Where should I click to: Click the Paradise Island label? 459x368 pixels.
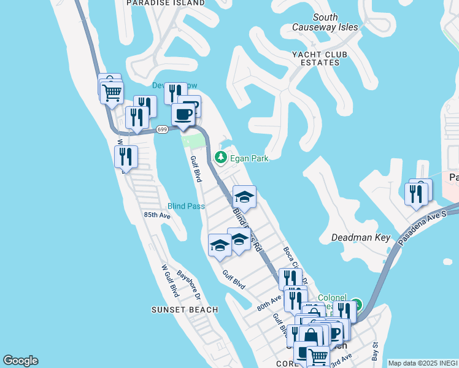tap(165, 3)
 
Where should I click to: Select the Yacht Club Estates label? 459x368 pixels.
tap(319, 58)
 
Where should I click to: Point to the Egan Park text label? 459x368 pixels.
tap(249, 158)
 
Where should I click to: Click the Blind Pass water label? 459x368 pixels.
tap(186, 206)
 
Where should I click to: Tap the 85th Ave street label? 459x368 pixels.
tap(156, 215)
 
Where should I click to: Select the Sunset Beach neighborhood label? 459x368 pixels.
tap(185, 310)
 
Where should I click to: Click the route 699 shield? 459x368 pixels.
tap(162, 129)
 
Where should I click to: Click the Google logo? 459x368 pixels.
tap(20, 361)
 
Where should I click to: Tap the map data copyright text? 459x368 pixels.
tap(423, 363)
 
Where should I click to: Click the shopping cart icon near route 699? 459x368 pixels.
tap(112, 93)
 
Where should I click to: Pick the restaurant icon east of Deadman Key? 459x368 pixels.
tap(417, 194)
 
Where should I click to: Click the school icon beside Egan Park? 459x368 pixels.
tap(244, 197)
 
